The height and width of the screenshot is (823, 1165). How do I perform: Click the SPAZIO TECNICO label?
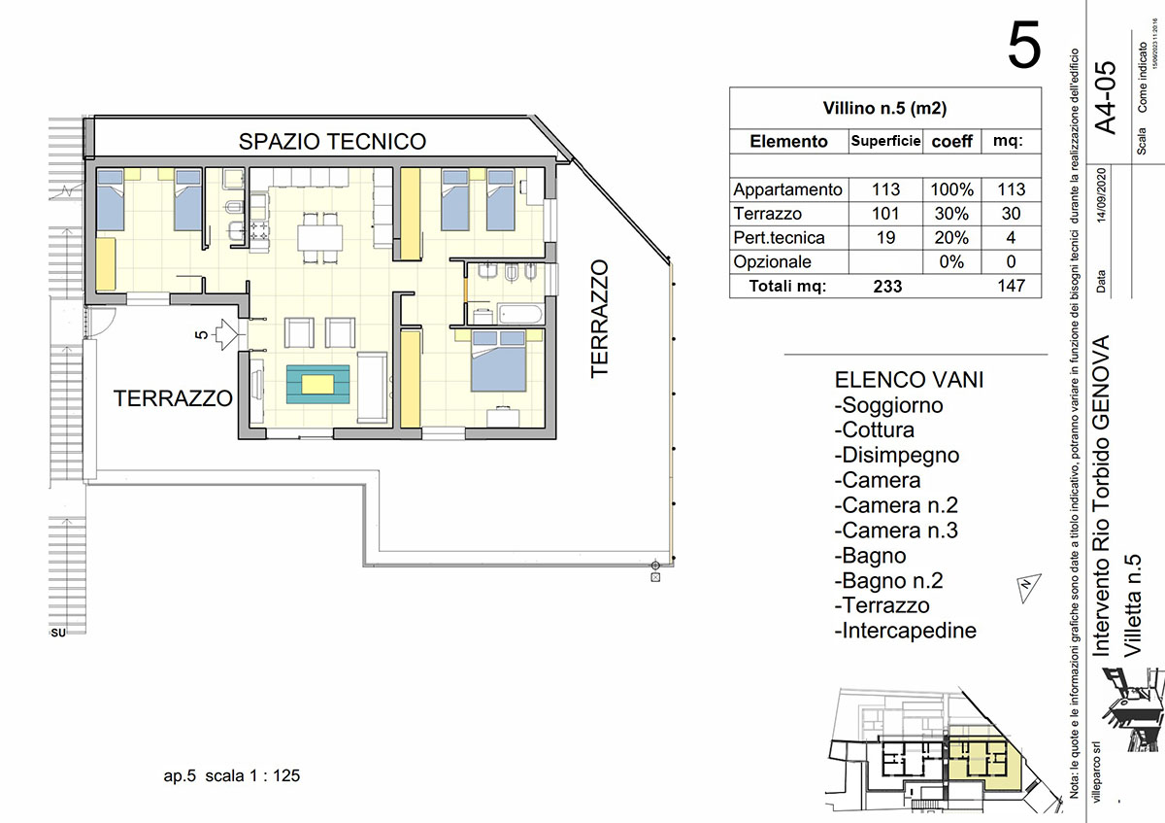click(x=332, y=142)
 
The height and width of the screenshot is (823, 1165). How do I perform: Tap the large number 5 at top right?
click(x=1024, y=46)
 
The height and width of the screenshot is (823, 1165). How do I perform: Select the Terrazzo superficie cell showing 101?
click(x=885, y=214)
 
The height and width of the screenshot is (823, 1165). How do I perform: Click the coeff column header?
click(x=951, y=141)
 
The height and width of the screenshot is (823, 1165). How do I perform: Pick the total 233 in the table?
click(x=886, y=287)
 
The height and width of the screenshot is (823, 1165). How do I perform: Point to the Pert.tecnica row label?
click(x=780, y=238)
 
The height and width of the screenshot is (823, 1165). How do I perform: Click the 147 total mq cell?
click(x=1010, y=287)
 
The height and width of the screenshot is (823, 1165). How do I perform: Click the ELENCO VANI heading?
click(x=909, y=380)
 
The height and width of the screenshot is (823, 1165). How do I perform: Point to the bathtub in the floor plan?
click(x=514, y=313)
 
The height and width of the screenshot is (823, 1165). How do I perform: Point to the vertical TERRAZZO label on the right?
click(x=600, y=318)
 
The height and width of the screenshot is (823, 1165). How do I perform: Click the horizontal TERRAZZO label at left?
click(x=173, y=398)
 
